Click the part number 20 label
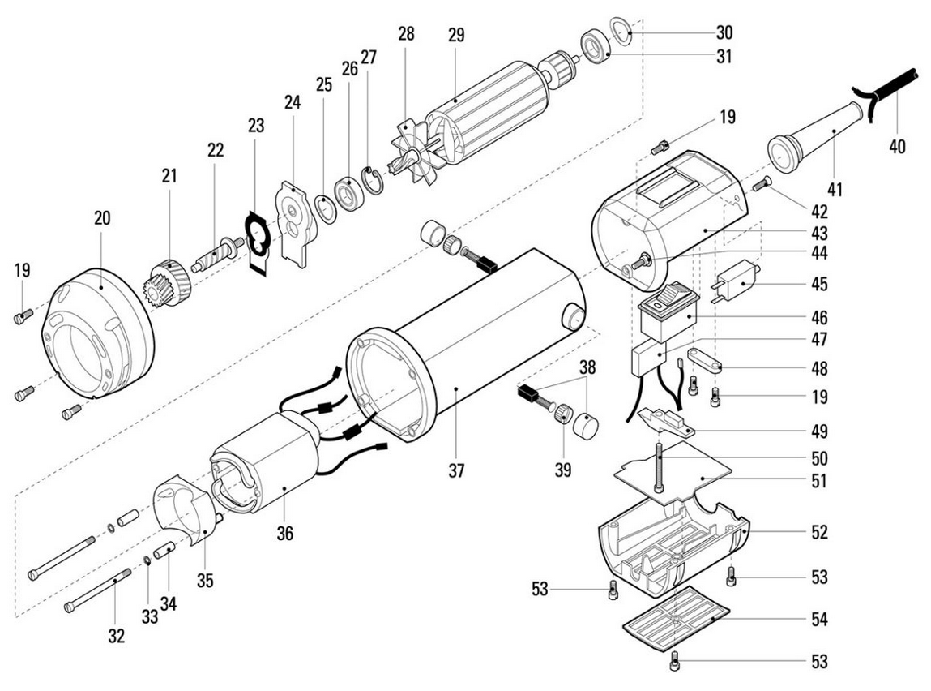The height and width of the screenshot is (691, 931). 102,218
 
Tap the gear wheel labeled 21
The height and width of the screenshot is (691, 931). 166,283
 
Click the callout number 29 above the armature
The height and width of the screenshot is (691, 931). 456,35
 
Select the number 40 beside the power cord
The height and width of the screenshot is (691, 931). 897,146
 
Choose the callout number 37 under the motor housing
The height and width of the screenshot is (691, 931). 456,471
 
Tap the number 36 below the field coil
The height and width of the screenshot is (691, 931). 285,533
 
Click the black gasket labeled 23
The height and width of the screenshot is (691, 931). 257,242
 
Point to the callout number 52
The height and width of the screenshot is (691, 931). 819,532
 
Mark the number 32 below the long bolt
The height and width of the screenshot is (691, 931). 117,636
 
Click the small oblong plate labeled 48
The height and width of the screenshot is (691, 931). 705,360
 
